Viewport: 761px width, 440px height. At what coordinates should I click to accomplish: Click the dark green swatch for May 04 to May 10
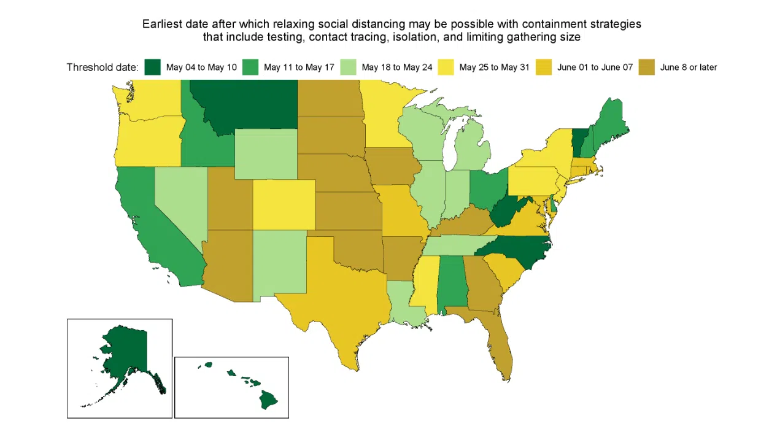point(153,67)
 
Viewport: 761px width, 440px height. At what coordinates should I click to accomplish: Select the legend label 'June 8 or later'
point(688,68)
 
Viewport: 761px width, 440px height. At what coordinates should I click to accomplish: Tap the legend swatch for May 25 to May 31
point(446,67)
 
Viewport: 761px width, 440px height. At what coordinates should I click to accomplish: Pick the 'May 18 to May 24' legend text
point(397,68)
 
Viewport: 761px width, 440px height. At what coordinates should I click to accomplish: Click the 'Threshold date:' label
point(102,68)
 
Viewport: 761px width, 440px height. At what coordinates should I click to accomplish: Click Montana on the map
point(242,104)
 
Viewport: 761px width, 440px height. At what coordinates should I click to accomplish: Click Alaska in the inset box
point(126,350)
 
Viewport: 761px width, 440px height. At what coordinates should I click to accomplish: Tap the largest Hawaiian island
point(268,400)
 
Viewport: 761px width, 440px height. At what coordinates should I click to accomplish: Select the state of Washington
point(147,98)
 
